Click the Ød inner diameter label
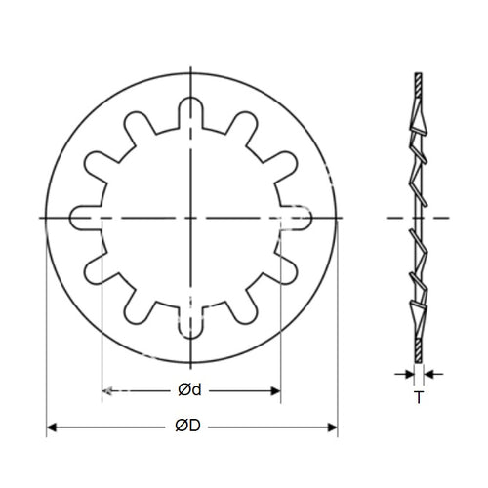point(189,390)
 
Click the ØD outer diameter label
point(189,427)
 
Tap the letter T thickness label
point(418,397)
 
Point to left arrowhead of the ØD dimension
point(52,427)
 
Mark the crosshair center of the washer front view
point(191,217)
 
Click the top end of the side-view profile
point(418,76)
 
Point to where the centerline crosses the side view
point(418,217)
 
